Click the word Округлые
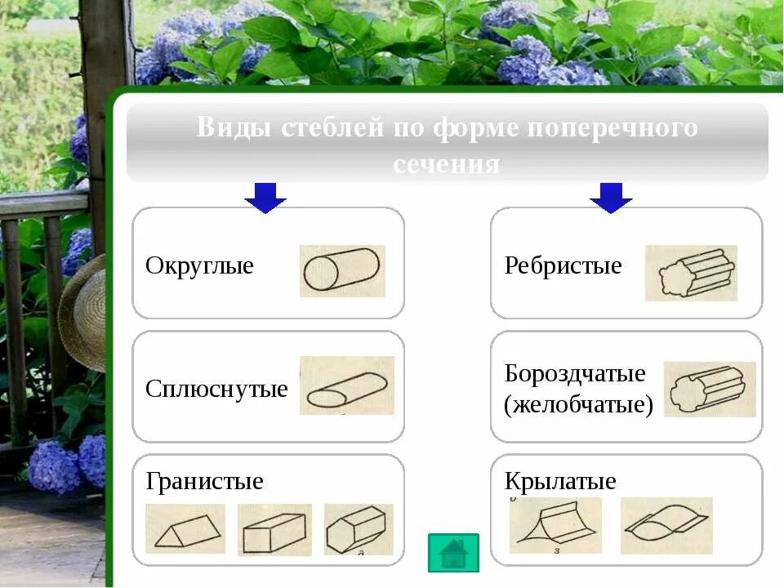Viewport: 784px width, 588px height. [x=199, y=266]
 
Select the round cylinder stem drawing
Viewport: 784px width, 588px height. [x=341, y=270]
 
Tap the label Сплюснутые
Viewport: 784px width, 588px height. [x=216, y=389]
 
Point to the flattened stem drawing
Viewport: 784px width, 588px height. [x=346, y=386]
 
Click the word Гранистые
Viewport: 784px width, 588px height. [x=204, y=481]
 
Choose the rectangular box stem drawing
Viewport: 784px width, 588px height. [x=274, y=530]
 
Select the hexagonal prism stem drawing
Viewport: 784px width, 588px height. [x=358, y=529]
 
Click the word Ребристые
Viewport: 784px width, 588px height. [x=563, y=266]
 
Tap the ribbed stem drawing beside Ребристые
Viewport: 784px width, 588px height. [x=691, y=273]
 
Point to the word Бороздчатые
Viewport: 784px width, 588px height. [x=575, y=374]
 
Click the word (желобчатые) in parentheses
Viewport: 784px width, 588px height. [x=578, y=404]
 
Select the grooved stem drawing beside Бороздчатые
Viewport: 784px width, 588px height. [x=709, y=389]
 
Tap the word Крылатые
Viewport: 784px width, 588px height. [x=560, y=481]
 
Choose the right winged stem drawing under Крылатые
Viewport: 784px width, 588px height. [x=666, y=525]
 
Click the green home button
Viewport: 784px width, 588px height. [x=452, y=552]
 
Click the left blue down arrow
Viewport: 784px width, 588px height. [x=265, y=197]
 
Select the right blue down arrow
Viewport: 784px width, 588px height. [x=611, y=197]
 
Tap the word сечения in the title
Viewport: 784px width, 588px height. [x=446, y=163]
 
